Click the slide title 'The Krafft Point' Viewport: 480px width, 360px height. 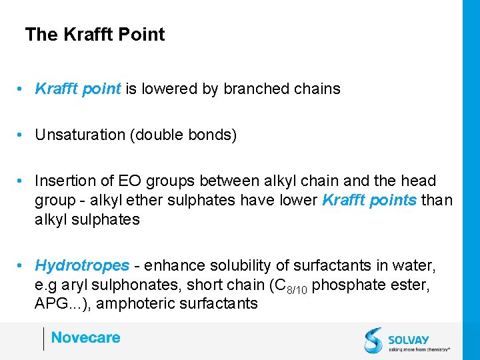[x=95, y=35]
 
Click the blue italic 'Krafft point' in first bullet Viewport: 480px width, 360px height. [x=78, y=89]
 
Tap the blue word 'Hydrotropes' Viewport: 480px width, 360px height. [x=82, y=265]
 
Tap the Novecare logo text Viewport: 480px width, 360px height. [x=85, y=337]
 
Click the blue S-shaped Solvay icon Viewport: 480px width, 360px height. [x=374, y=340]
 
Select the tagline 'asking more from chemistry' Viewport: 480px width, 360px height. [x=419, y=348]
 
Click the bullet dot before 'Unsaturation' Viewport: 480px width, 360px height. [x=23, y=135]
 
